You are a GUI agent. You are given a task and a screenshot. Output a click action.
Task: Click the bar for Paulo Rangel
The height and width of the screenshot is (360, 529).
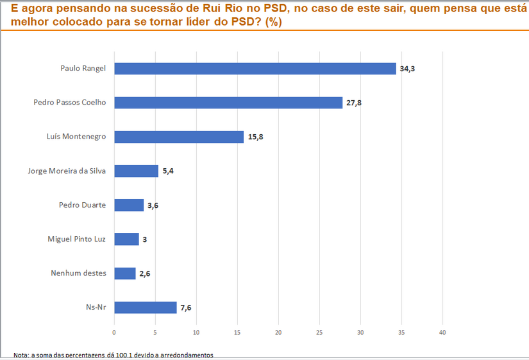255,69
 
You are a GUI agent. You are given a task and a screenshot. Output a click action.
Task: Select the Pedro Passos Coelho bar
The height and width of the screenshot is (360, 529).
228,103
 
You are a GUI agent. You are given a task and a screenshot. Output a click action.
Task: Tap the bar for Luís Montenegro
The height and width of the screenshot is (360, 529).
178,137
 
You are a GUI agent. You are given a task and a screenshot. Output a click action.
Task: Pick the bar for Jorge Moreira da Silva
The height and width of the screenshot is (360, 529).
136,171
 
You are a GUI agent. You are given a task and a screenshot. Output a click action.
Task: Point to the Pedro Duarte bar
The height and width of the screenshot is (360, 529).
128,205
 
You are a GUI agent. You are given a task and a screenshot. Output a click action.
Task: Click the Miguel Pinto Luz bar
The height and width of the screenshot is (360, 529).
126,239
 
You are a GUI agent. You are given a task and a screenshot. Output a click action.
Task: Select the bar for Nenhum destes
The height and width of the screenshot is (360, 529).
124,273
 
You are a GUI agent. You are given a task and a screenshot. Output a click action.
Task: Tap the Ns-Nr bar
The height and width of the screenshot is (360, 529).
145,307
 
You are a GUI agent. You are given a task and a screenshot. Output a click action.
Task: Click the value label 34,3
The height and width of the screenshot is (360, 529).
408,69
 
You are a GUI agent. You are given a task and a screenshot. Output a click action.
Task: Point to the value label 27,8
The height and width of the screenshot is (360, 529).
354,103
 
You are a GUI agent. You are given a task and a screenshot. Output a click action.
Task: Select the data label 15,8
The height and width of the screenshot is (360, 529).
256,137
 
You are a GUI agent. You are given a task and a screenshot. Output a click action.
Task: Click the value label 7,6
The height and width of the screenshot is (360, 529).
186,308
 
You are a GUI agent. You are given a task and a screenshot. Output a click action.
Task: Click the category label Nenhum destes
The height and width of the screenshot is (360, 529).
78,273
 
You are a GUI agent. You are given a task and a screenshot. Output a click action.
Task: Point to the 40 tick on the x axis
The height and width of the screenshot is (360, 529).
442,332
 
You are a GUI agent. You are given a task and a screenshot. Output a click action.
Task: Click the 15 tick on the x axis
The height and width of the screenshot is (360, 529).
237,332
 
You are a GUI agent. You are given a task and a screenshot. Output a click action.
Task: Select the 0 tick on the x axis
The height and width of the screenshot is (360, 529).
114,332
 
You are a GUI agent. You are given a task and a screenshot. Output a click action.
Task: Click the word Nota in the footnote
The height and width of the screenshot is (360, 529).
21,355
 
